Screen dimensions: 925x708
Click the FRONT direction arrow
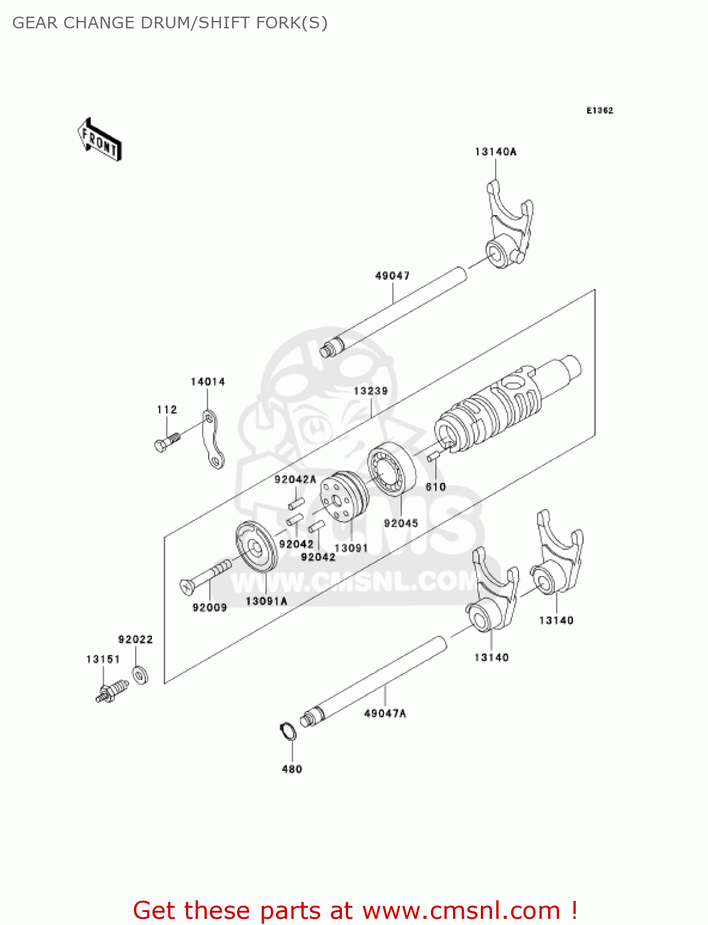(x=99, y=140)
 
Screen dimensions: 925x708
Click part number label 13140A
(x=495, y=152)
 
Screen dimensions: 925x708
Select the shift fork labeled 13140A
(x=508, y=228)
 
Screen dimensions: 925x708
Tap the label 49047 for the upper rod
(x=392, y=276)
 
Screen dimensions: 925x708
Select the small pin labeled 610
(x=433, y=456)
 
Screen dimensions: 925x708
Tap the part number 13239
(x=370, y=391)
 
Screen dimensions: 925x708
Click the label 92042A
(x=295, y=479)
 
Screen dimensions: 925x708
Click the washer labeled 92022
(x=140, y=675)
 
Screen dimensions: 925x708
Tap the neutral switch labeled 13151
(x=112, y=691)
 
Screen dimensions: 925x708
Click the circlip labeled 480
(x=288, y=731)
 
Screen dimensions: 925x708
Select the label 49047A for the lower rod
(x=385, y=713)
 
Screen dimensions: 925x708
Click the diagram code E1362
(x=599, y=110)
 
